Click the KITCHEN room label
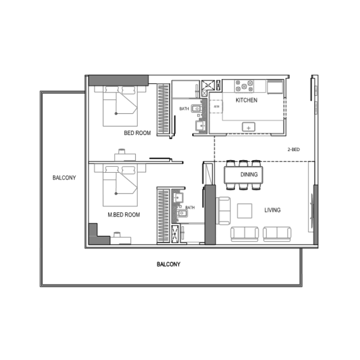point(247,100)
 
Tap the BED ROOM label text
point(137,133)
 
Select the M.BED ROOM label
point(123,215)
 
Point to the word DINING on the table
point(249,175)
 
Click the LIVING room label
point(272,210)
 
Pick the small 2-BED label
point(293,149)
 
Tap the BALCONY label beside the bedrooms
point(64,178)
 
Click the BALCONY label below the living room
point(168,264)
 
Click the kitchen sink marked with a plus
point(248,127)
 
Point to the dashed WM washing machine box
point(216,106)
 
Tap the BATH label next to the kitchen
point(184,109)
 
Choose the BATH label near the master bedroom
point(190,207)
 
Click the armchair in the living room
point(224,210)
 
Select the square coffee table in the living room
point(246,211)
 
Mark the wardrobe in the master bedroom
point(162,216)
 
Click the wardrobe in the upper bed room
point(162,109)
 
